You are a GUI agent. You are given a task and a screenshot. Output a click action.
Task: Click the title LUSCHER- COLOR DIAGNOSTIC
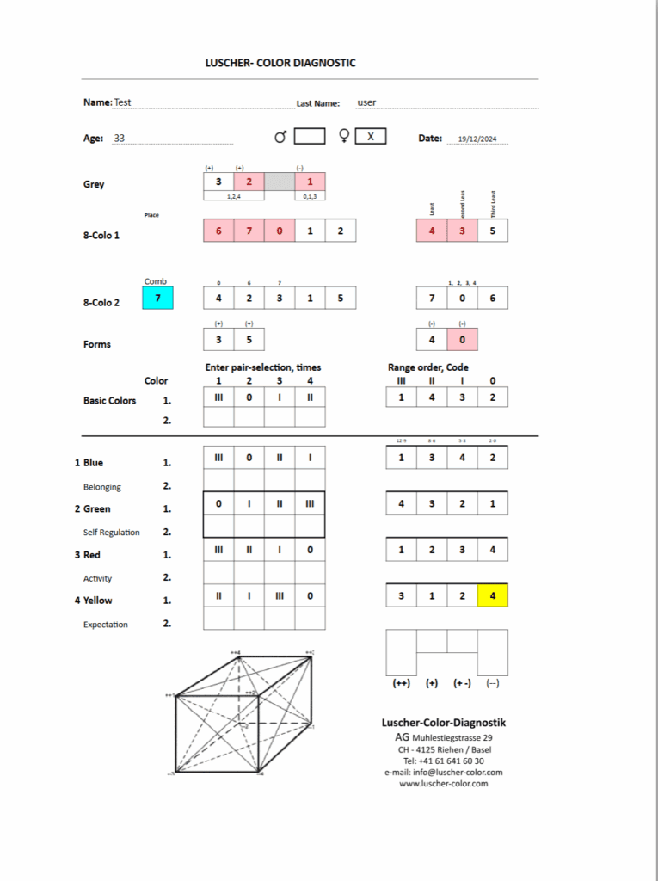(280, 63)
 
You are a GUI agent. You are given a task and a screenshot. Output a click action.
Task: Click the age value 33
(120, 138)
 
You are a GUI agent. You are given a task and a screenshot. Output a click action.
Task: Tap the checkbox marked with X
(371, 136)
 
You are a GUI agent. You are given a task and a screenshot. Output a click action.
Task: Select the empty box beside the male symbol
(310, 136)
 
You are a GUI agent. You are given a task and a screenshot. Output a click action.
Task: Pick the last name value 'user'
(366, 102)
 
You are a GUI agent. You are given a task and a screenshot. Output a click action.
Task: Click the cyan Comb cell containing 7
(157, 299)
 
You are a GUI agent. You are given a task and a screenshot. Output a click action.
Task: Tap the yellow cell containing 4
(492, 595)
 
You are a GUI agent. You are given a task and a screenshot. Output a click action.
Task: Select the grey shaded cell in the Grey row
(280, 182)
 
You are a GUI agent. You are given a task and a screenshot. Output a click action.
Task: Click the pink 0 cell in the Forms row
(462, 339)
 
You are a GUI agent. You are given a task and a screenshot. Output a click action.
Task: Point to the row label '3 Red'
(88, 555)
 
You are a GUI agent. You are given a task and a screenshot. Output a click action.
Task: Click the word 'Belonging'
(101, 487)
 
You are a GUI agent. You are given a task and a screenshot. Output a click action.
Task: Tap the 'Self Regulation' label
(111, 533)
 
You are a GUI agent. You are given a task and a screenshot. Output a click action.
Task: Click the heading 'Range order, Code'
(428, 367)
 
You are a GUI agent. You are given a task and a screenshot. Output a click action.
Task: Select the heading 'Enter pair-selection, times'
(263, 367)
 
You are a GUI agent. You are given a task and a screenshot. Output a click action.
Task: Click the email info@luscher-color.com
(443, 772)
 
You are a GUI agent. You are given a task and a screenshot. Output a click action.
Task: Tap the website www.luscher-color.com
(443, 783)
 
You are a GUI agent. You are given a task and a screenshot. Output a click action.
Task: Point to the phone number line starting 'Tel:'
(443, 761)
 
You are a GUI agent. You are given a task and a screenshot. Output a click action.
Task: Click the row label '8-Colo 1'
(101, 234)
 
